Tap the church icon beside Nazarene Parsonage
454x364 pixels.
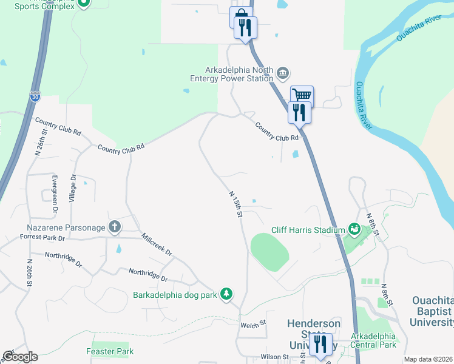[x=115, y=227]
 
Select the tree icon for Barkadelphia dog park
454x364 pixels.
[x=226, y=294]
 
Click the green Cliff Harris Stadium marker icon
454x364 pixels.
[x=353, y=229]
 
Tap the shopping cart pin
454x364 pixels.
[x=302, y=95]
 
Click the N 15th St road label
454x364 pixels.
[x=236, y=204]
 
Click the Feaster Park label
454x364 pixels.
[x=110, y=351]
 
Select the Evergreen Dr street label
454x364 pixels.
[x=55, y=193]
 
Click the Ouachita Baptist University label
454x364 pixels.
[x=432, y=311]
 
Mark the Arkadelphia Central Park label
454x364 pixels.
[x=374, y=340]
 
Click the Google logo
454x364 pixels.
[x=20, y=357]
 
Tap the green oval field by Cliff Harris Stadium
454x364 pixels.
[x=269, y=252]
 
